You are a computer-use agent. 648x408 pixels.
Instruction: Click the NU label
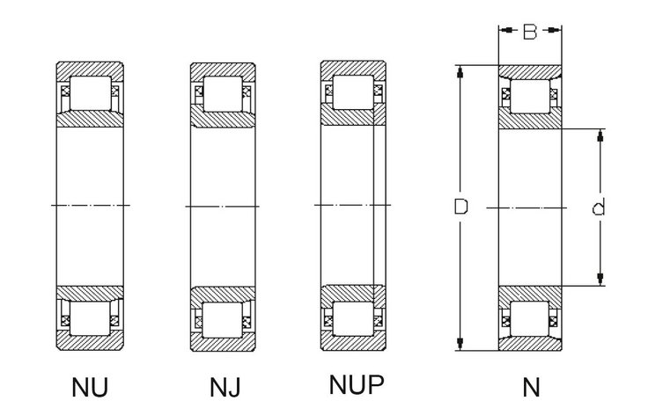[90, 387]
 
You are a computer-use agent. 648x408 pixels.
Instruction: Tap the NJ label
[225, 388]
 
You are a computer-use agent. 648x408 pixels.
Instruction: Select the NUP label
[357, 384]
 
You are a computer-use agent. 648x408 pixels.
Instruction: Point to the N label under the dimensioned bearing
[531, 388]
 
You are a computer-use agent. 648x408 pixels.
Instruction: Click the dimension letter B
[530, 32]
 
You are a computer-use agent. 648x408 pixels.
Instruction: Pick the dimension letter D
[460, 207]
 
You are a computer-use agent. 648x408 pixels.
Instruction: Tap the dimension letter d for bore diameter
[599, 207]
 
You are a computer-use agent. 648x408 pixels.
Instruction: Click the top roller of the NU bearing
[91, 93]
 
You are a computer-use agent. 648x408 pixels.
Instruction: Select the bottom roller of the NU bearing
[90, 318]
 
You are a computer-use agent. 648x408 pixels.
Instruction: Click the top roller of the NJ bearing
[223, 93]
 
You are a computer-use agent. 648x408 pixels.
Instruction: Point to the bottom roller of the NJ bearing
[223, 320]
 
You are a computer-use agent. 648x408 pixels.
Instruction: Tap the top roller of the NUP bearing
[353, 92]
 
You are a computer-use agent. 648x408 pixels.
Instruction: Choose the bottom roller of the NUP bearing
[353, 318]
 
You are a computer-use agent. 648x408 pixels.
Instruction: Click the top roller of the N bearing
[530, 96]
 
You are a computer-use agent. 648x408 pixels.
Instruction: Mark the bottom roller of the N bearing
[530, 318]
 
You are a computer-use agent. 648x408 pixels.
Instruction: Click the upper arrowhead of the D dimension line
[460, 72]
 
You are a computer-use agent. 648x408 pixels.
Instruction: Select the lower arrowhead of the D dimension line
[460, 344]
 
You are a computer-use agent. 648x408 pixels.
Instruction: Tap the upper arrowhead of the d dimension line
[600, 135]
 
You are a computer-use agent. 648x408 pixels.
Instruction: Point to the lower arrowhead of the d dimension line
[600, 279]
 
